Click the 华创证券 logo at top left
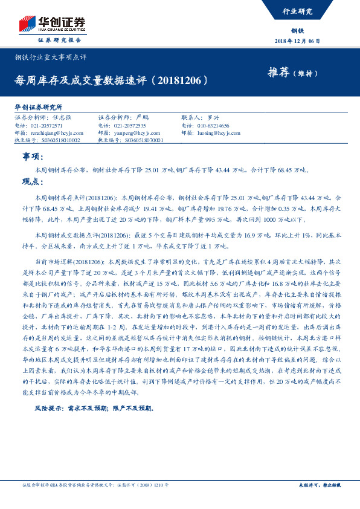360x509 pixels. point(51,24)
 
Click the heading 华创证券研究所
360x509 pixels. point(38,106)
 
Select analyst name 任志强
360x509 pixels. point(62,118)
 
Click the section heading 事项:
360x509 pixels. point(30,157)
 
